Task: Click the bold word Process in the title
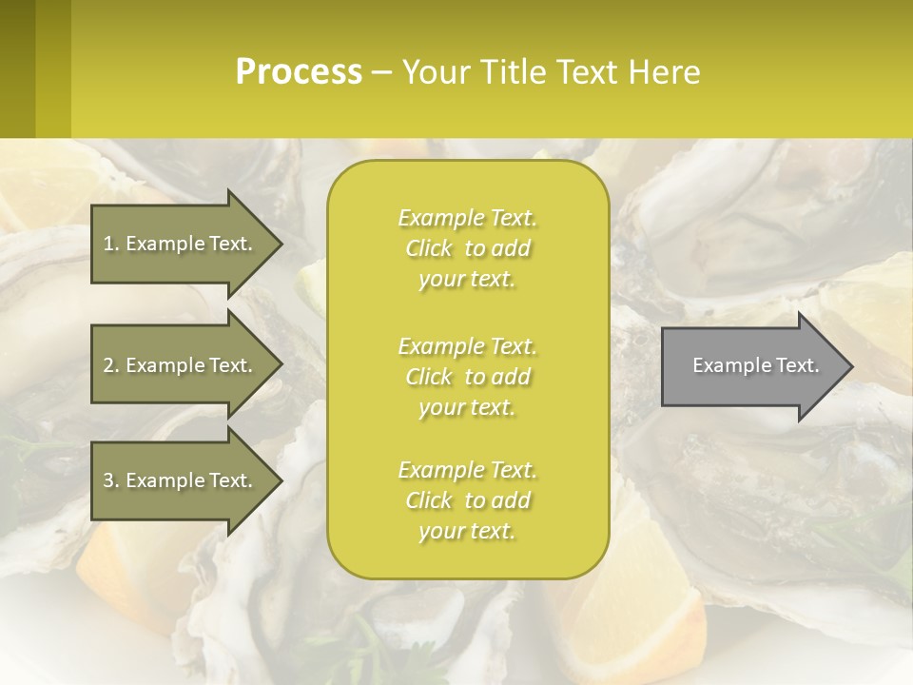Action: click(x=299, y=72)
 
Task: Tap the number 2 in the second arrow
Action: click(x=108, y=365)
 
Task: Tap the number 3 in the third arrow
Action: click(x=108, y=480)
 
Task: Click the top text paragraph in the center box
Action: click(x=467, y=248)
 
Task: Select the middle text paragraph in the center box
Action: click(x=467, y=377)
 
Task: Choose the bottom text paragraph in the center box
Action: click(x=467, y=500)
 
